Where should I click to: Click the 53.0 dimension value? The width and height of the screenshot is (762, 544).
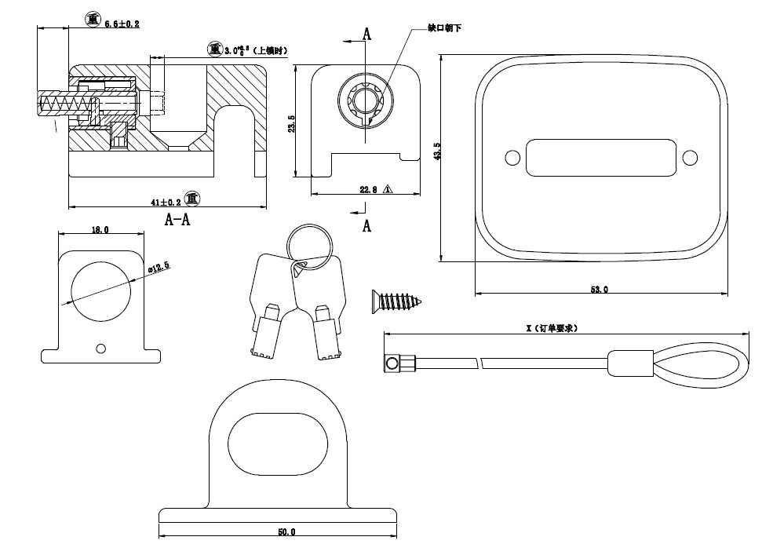[599, 290]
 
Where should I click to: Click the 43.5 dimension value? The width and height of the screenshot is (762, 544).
[437, 151]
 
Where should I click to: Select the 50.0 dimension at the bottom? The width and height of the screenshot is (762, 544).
[286, 533]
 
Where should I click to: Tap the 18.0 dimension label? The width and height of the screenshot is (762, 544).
[100, 230]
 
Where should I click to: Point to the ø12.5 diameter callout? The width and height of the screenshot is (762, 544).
[159, 267]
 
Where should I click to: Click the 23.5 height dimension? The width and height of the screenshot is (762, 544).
[292, 123]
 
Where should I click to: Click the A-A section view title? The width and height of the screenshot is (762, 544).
[177, 220]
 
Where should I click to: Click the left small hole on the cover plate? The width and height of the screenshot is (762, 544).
[512, 158]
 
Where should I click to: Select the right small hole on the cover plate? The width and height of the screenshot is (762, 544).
[690, 158]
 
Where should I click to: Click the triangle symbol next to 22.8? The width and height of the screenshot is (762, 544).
[388, 189]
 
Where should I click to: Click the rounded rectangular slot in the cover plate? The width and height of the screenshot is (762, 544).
[600, 158]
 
